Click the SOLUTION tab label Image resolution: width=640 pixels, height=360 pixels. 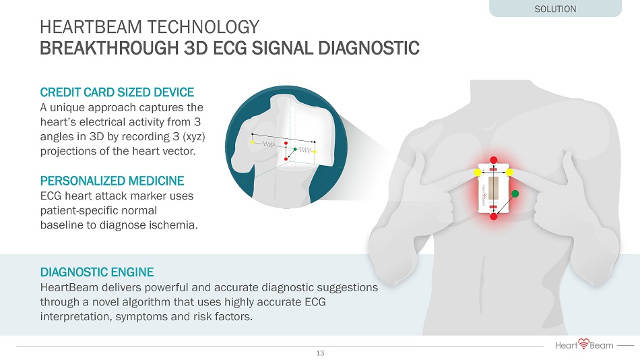point(555,9)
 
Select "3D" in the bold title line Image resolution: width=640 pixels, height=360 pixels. point(196,48)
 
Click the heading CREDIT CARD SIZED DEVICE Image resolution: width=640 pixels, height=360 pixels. point(117,92)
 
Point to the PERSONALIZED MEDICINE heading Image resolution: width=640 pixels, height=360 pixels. point(113,181)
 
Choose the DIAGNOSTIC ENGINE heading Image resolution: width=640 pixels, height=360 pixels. point(97,272)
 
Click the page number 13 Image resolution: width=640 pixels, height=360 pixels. point(320,353)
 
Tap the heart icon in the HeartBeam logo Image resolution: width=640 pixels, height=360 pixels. point(584,344)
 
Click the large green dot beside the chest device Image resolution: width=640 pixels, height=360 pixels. point(515,193)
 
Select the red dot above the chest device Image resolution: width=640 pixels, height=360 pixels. point(493,160)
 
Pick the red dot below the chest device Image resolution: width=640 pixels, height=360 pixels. point(493,216)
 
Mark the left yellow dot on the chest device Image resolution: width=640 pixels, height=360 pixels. point(478,173)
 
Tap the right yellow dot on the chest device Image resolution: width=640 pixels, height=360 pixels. point(509,173)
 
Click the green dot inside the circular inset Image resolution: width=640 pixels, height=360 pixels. point(294,149)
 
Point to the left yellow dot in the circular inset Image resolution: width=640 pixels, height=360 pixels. point(253,142)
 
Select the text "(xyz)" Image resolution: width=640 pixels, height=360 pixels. point(194,137)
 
